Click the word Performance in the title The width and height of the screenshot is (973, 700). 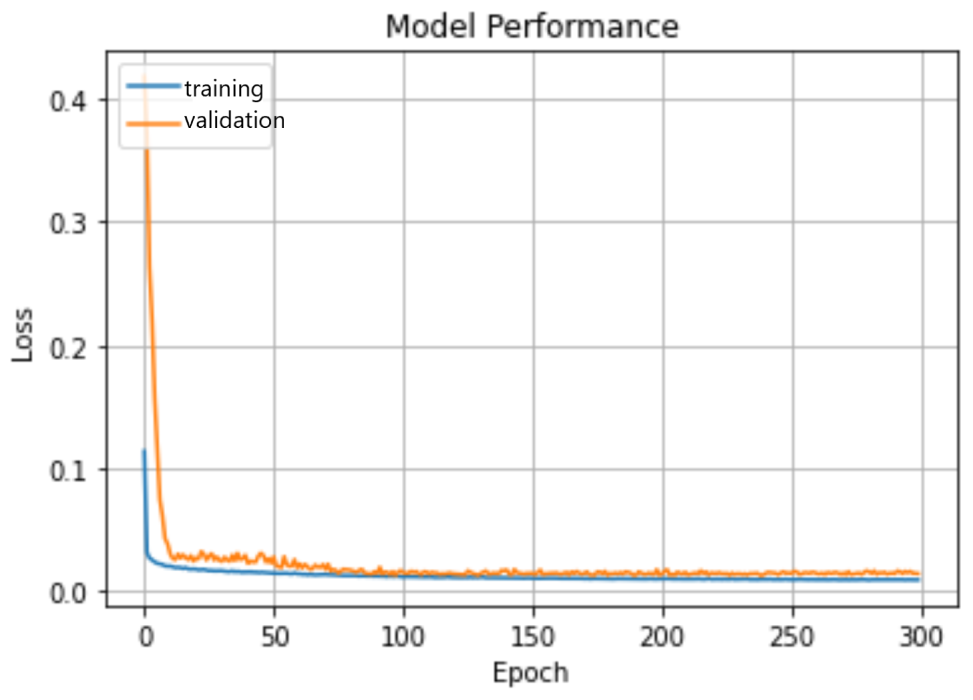click(x=582, y=27)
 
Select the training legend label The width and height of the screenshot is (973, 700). click(x=224, y=89)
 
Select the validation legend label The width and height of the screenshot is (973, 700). click(x=235, y=121)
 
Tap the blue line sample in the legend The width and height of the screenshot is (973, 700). click(x=153, y=86)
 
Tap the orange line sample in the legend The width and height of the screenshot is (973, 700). click(x=153, y=124)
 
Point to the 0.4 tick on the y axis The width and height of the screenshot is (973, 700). click(x=68, y=102)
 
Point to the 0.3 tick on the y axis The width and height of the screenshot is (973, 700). click(x=68, y=224)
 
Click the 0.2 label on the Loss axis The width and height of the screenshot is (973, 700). click(x=68, y=349)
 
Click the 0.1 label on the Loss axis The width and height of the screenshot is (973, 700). click(x=68, y=471)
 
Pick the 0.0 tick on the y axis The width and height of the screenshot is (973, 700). click(x=68, y=593)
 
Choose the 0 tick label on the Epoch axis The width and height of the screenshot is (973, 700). click(x=146, y=637)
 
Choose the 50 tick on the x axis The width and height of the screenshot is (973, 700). click(x=275, y=637)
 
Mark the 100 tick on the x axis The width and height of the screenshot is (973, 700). click(x=403, y=637)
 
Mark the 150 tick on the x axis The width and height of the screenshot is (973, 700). click(x=533, y=637)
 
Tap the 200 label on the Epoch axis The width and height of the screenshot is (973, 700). click(x=662, y=637)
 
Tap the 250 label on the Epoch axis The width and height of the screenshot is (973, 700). click(x=792, y=637)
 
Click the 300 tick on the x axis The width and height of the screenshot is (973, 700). click(x=921, y=637)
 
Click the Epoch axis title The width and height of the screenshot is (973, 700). click(x=530, y=673)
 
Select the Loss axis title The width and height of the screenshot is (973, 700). click(x=22, y=335)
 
